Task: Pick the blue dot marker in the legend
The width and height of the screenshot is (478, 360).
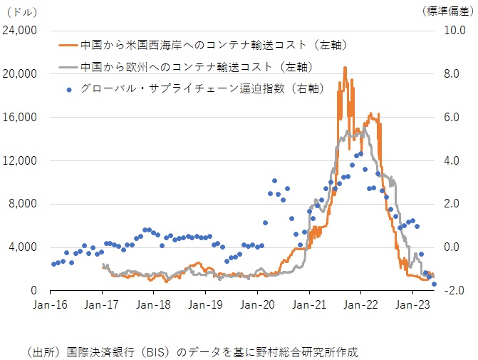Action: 68,89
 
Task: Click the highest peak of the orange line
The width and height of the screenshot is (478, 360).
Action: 345,67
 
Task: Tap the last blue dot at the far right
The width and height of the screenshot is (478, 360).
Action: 434,284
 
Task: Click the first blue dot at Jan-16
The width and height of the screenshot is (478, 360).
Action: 53,264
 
